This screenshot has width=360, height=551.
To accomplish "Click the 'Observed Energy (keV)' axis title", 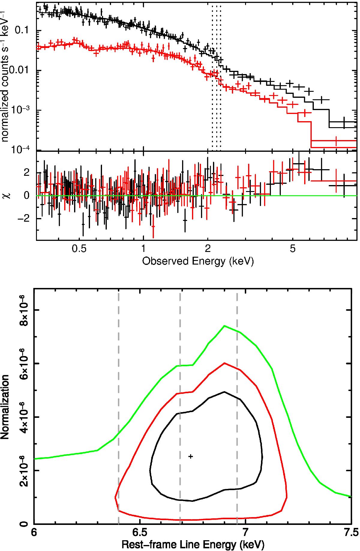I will click(198, 262).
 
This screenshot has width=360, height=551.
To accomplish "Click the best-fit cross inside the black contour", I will click(190, 456).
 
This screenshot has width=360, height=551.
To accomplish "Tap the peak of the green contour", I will click(224, 326).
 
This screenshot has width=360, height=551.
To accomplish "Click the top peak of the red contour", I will click(224, 363).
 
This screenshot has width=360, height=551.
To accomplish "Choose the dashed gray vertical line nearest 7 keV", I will click(237, 420).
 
